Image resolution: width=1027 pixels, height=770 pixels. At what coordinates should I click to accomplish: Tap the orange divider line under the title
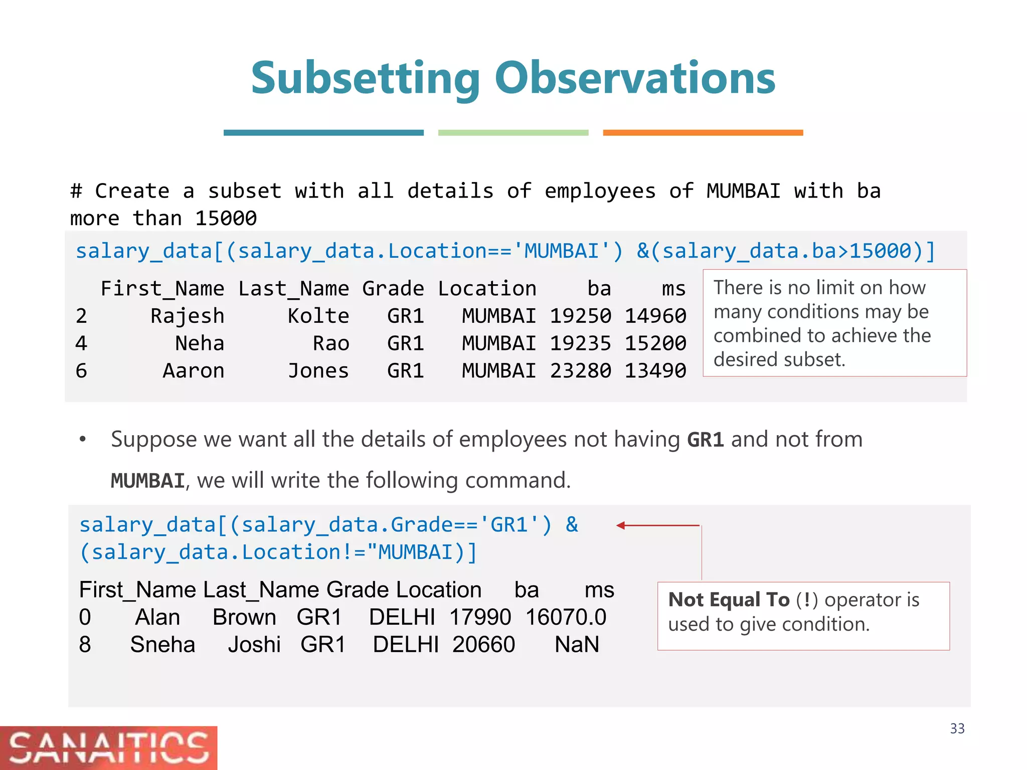pyautogui.click(x=703, y=133)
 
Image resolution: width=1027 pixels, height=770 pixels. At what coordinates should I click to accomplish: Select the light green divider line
pyautogui.click(x=513, y=133)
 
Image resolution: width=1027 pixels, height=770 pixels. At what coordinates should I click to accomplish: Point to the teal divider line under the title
pyautogui.click(x=323, y=133)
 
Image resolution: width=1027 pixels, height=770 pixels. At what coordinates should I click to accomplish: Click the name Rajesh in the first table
pyautogui.click(x=187, y=316)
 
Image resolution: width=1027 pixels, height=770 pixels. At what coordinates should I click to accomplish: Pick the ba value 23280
pyautogui.click(x=580, y=371)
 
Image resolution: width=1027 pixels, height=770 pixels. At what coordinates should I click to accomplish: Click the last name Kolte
pyautogui.click(x=318, y=316)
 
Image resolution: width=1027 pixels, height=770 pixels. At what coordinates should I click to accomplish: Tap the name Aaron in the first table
pyautogui.click(x=193, y=371)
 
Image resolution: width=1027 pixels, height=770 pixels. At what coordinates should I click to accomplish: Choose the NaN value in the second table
pyautogui.click(x=577, y=645)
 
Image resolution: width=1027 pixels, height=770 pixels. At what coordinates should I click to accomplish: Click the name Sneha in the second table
pyautogui.click(x=162, y=645)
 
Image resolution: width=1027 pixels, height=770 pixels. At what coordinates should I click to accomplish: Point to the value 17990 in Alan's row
pyautogui.click(x=480, y=617)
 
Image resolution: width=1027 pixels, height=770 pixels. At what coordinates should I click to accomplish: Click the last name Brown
pyautogui.click(x=244, y=617)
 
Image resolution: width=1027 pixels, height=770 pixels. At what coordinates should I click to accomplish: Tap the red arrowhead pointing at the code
pyautogui.click(x=621, y=525)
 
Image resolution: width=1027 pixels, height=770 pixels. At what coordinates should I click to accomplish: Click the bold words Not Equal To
pyautogui.click(x=729, y=600)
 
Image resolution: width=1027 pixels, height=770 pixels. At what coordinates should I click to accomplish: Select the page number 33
pyautogui.click(x=957, y=728)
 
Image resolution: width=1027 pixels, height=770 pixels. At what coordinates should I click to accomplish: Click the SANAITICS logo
pyautogui.click(x=108, y=748)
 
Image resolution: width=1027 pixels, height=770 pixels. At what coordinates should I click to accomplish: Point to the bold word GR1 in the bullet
pyautogui.click(x=705, y=440)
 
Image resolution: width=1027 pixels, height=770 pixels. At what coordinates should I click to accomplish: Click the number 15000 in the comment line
pyautogui.click(x=226, y=219)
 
